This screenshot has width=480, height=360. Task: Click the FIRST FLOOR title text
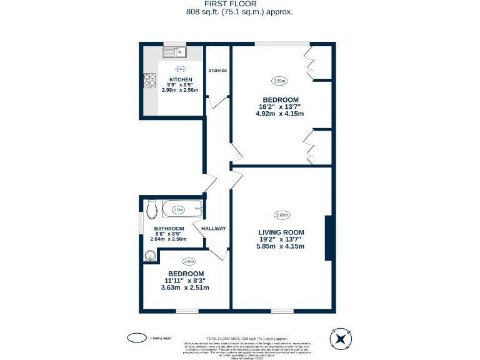pos(239,4)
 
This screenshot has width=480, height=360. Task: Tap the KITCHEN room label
pos(180,79)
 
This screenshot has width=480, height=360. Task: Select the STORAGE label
pos(217,71)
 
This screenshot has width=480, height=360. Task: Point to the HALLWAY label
pos(213,228)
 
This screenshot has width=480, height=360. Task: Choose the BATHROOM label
pos(169,229)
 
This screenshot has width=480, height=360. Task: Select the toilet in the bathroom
pos(150,208)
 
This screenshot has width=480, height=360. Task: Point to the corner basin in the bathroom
pos(149,254)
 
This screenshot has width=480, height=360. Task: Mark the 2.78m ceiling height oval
pos(178,209)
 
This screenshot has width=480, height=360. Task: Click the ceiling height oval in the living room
pos(281,215)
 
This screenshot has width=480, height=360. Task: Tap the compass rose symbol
pos(341,339)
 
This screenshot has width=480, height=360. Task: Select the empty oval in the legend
pos(137,337)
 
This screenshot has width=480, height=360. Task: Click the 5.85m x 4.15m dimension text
pos(280,246)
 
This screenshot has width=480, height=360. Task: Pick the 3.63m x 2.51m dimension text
pos(185,287)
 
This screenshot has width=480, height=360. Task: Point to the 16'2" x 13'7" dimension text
pos(280,107)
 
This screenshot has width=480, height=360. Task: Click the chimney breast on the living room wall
pos(327,238)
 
